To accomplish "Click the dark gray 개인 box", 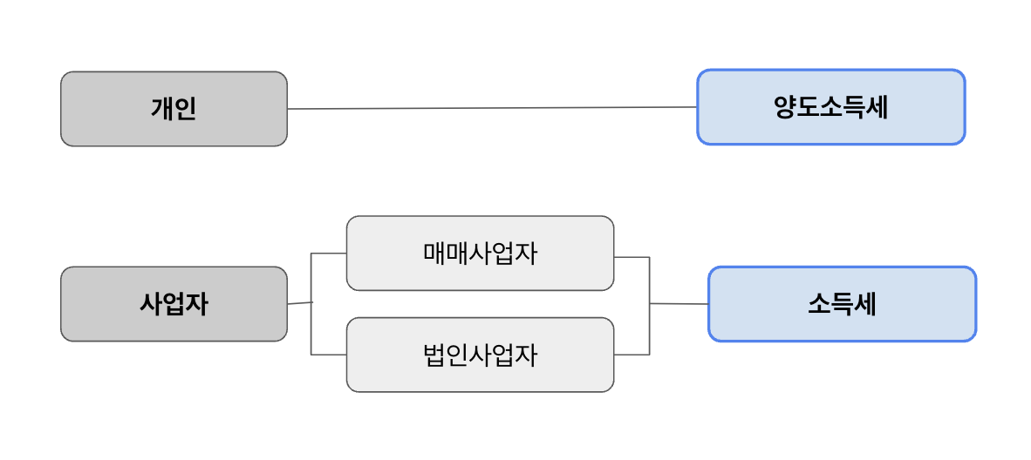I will point(174,109).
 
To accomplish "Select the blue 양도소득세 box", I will point(830,107).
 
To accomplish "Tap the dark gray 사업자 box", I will point(174,304).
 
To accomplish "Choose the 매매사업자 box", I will point(480,254).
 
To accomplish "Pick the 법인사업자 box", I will point(480,355).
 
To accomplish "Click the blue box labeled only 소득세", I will point(842,304).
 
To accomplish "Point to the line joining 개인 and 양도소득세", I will point(492,108).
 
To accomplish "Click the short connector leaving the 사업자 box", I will point(299,303).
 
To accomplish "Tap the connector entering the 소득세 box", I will point(679,304).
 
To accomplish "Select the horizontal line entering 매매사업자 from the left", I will point(329,254).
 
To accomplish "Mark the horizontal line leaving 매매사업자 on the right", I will point(632,257).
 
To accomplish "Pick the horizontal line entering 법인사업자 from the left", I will point(329,355).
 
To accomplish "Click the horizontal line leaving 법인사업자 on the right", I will point(632,355).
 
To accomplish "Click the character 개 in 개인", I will point(162,109).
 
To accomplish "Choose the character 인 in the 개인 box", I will point(186,109).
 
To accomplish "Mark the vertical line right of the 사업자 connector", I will point(311,304).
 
